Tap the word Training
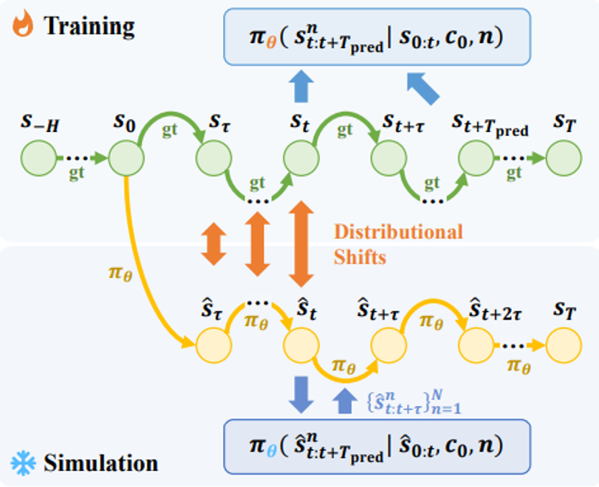point(89,25)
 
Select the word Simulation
point(101,463)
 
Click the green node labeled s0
point(125,158)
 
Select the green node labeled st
point(301,158)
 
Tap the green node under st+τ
point(388,158)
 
